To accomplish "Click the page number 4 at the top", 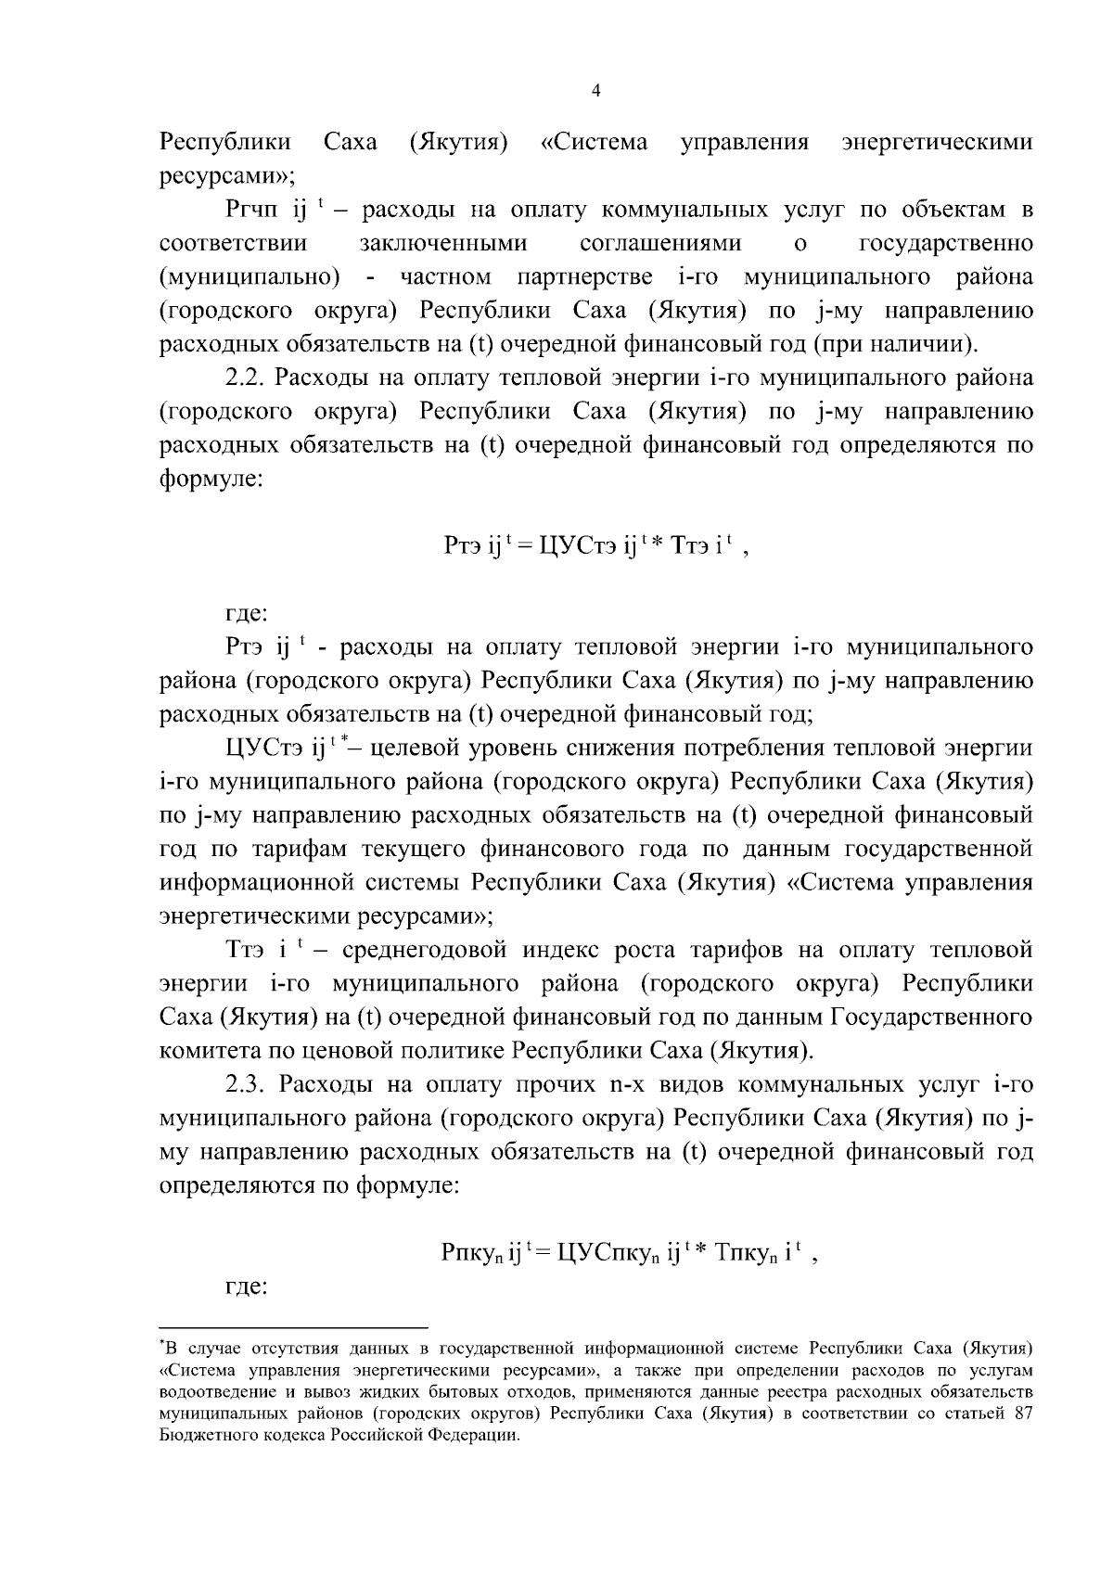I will click(x=596, y=91).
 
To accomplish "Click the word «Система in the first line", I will click(x=594, y=143).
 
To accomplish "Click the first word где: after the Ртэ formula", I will click(x=248, y=613).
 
